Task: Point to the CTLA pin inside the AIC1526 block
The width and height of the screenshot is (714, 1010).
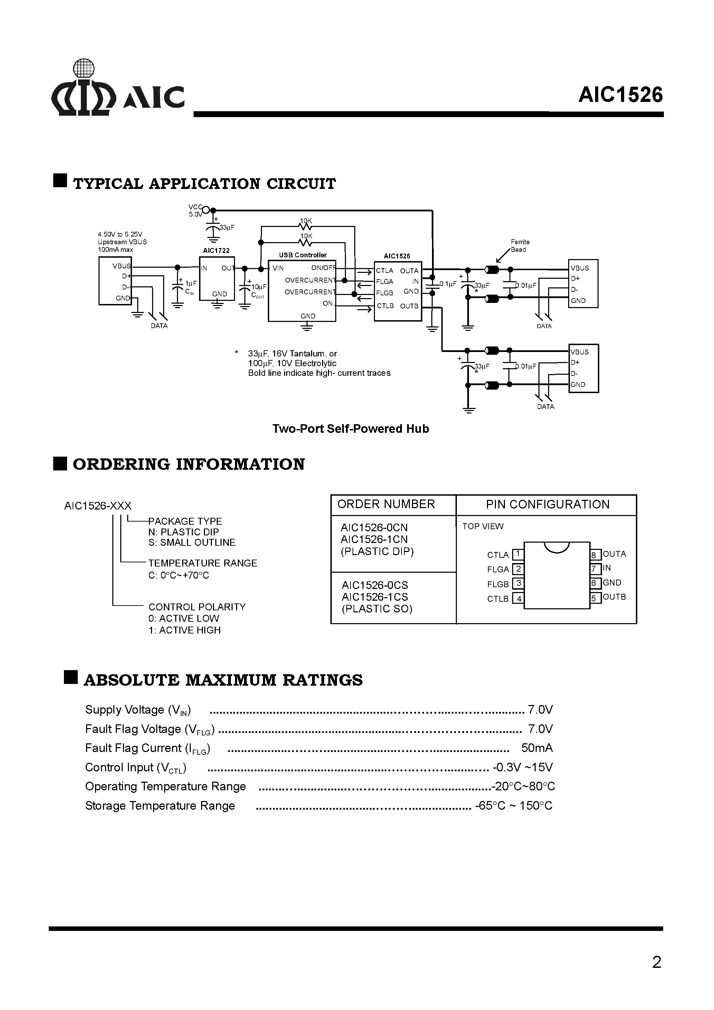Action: pyautogui.click(x=384, y=271)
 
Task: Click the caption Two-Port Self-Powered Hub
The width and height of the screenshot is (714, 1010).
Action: pyautogui.click(x=350, y=429)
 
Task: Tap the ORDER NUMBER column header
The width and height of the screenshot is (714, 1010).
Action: pyautogui.click(x=386, y=504)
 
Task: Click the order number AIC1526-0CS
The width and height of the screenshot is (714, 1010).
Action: pyautogui.click(x=375, y=585)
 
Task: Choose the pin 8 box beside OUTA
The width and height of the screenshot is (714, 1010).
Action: pyautogui.click(x=595, y=555)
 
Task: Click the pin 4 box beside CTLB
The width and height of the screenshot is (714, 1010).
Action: pyautogui.click(x=518, y=599)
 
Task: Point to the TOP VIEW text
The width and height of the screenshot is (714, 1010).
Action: pyautogui.click(x=482, y=526)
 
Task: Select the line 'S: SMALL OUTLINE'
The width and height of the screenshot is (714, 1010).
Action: pyautogui.click(x=192, y=542)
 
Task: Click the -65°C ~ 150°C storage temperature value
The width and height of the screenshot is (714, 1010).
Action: pyautogui.click(x=513, y=806)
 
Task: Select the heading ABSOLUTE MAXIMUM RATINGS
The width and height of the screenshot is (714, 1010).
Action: pyautogui.click(x=223, y=680)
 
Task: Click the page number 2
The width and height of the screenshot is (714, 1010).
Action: pyautogui.click(x=656, y=962)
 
